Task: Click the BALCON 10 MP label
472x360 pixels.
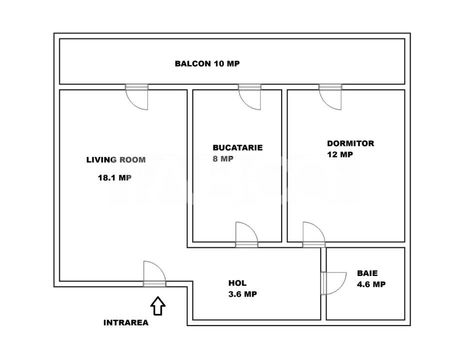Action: (207, 63)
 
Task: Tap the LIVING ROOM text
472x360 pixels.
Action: (116, 159)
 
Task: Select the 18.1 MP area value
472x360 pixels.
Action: (115, 177)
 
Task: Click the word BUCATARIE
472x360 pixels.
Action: (238, 147)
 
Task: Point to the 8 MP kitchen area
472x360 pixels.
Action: (223, 158)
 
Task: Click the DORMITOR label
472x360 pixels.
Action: (351, 143)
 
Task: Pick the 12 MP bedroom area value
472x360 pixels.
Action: (340, 154)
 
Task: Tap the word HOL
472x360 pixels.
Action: (238, 283)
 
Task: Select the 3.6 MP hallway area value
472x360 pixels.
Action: (243, 294)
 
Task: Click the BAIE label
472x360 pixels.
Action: (367, 273)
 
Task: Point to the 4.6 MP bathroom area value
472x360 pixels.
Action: (371, 284)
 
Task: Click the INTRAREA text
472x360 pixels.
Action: (126, 322)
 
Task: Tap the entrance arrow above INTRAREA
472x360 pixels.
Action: (158, 306)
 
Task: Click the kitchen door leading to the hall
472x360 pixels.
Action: (247, 234)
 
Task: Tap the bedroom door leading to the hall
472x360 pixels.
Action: (314, 234)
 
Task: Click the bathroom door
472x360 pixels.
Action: (334, 283)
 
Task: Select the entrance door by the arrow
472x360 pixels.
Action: (154, 274)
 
